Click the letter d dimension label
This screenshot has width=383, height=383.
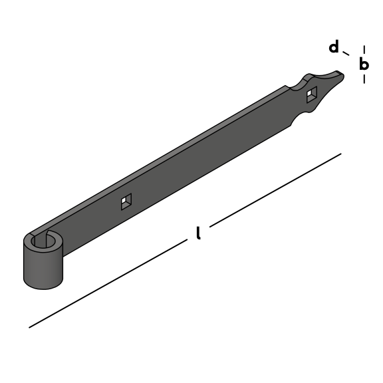(x=334, y=47)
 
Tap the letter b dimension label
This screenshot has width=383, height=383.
(x=364, y=63)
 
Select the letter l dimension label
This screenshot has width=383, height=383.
(x=199, y=233)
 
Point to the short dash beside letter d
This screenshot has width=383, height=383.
(x=346, y=53)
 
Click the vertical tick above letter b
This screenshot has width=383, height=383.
(x=364, y=49)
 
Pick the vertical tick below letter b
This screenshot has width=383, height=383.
(x=364, y=79)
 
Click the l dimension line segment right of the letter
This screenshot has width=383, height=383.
(x=275, y=190)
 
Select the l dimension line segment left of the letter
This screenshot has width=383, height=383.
(x=108, y=283)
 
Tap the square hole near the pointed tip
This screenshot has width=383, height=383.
(x=312, y=94)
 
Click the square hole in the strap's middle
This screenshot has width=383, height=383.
(x=126, y=201)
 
